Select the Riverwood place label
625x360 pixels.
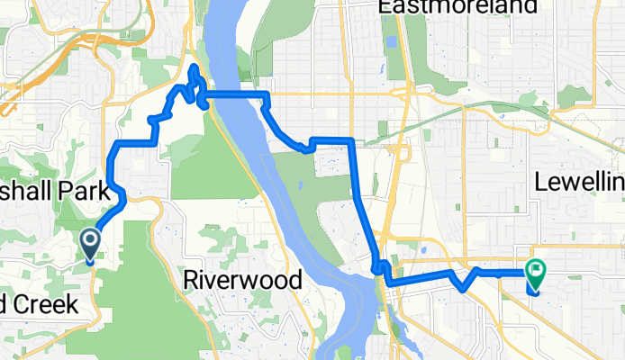[242, 280]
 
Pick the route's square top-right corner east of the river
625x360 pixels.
[349, 139]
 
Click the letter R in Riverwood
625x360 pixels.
[190, 280]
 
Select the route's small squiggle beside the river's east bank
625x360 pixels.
[380, 267]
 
